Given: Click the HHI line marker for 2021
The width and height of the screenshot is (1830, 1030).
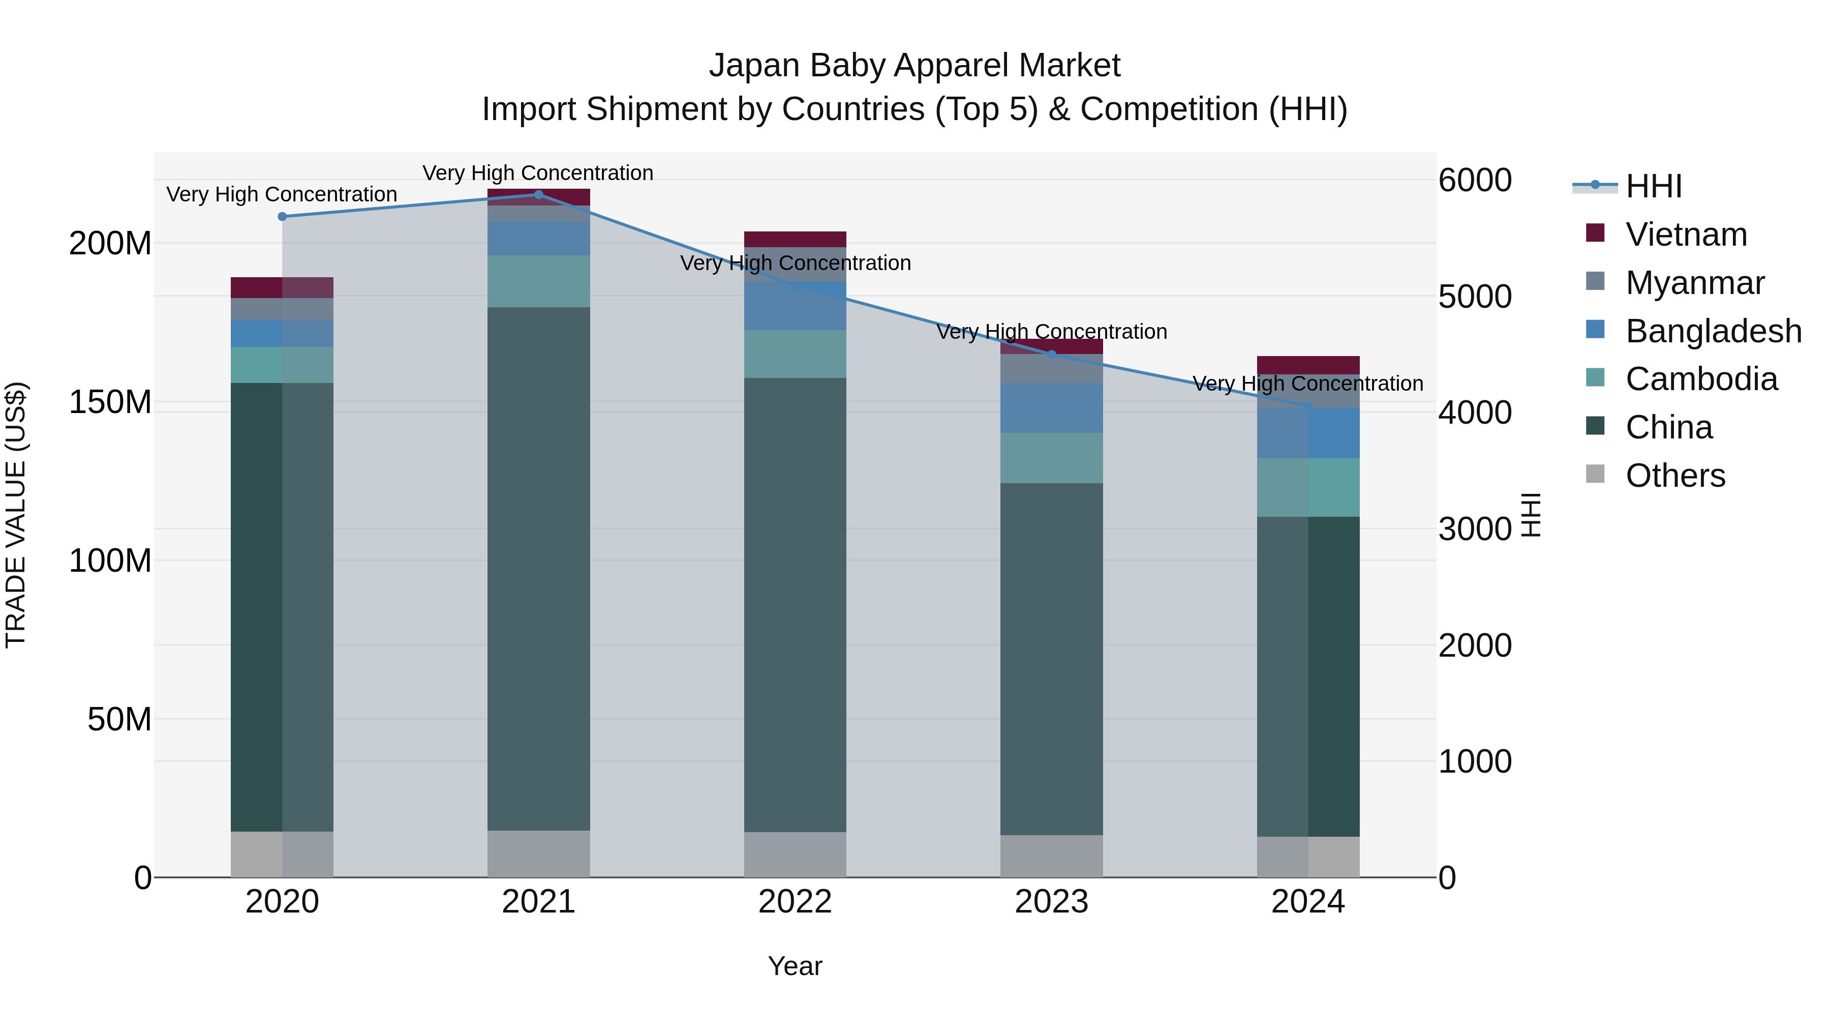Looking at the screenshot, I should pos(538,195).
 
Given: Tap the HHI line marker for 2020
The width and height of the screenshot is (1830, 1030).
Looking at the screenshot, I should pos(282,217).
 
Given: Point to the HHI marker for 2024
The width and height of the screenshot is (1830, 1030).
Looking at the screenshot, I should pos(1308,406).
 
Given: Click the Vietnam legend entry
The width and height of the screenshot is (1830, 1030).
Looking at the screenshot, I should pos(1686,234).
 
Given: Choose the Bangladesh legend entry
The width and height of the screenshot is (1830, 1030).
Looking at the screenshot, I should pos(1713,331).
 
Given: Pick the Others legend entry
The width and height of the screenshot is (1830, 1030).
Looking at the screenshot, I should pos(1674,476).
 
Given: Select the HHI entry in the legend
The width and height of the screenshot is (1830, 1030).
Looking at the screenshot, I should pos(1653,186).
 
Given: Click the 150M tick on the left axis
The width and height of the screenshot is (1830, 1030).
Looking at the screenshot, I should pos(110,402).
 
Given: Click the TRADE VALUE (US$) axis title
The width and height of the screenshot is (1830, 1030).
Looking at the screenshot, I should pos(16,515).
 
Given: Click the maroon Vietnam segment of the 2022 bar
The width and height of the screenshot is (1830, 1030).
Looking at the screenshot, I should pos(795,240).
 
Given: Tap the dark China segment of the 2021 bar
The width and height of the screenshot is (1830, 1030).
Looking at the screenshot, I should pos(538,569).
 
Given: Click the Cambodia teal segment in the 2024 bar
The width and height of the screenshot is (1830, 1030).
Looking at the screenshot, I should pos(1308,488).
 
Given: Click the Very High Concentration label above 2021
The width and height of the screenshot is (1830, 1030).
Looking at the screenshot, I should pos(538,173).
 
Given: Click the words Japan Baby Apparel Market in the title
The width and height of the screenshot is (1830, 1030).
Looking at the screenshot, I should pos(914,66).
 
